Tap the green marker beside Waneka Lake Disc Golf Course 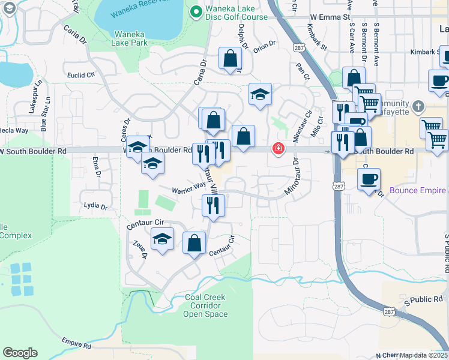pos(195,11)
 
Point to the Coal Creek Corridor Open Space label pos(205,305)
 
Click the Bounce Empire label pos(417,191)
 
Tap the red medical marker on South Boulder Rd pos(279,148)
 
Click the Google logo pos(20,353)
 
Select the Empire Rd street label pos(76,343)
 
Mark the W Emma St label pos(330,17)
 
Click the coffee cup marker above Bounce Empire pos(369,178)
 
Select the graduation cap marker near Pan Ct pos(260,94)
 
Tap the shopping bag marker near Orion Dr pos(230,58)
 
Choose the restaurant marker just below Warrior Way pos(214,205)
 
